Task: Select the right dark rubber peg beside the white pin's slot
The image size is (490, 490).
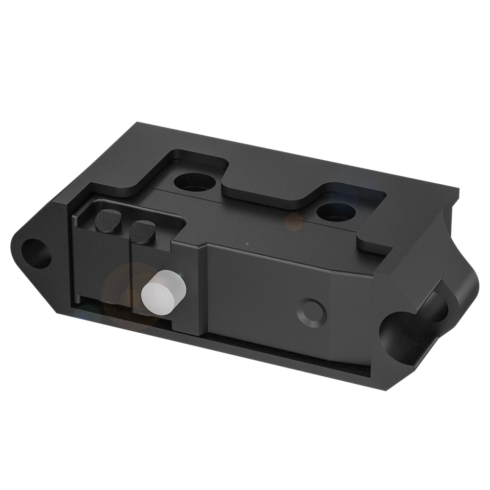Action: coord(143,231)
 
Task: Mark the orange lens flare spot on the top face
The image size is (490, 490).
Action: coord(294,222)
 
